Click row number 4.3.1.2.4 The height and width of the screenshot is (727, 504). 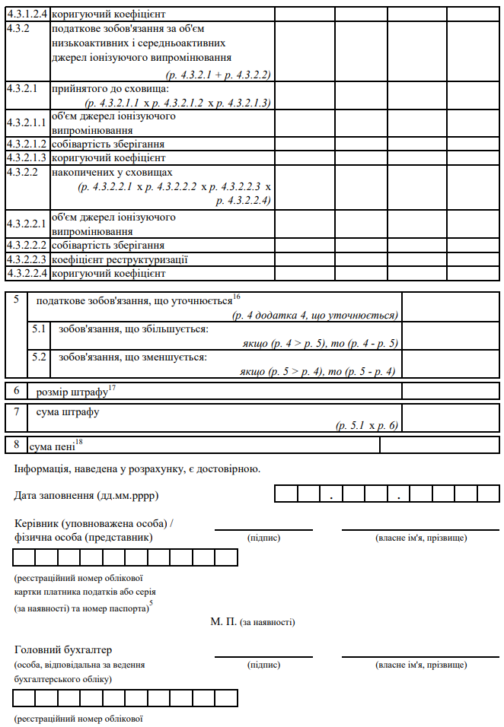point(27,14)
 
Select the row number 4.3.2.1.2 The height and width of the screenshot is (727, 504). point(27,144)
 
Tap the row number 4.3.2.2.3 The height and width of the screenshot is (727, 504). point(27,259)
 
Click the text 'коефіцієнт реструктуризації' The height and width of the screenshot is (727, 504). point(109,259)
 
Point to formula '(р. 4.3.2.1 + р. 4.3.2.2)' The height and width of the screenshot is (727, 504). point(219,75)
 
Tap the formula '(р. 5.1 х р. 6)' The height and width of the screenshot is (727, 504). point(368,426)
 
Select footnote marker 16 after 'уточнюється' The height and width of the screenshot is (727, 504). point(237,297)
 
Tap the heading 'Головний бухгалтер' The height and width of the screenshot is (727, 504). point(63,650)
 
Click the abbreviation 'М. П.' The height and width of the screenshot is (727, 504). point(223,622)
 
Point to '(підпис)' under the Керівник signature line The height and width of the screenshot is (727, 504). point(264,538)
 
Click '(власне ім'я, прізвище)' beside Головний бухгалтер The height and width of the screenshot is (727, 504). point(421,665)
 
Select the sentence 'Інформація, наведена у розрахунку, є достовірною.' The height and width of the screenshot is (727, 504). point(137,468)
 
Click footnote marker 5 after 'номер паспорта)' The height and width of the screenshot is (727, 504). point(152,605)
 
